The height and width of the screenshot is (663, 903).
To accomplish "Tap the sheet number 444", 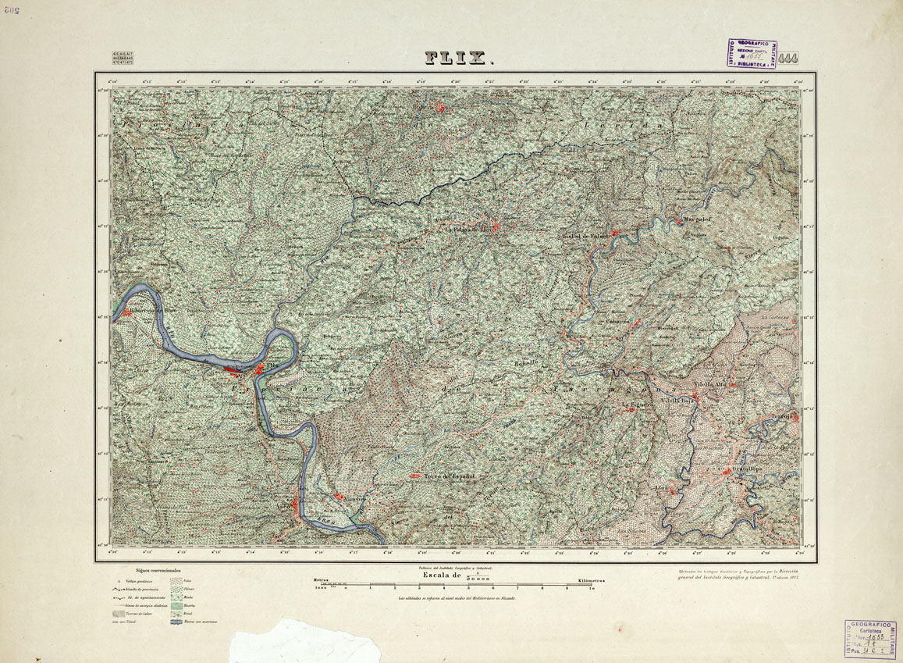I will (x=787, y=58).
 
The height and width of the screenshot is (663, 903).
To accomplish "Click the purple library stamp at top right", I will (x=751, y=53).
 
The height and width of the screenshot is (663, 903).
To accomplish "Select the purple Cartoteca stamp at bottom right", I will (x=869, y=639).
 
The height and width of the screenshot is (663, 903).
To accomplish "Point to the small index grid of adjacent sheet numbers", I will (x=123, y=57).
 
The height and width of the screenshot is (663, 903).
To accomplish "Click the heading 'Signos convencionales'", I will (x=158, y=572).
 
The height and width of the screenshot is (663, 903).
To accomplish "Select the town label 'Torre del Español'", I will (x=449, y=476).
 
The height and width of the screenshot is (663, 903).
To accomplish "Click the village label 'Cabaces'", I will (x=617, y=321).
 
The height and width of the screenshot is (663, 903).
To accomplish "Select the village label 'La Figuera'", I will (x=635, y=405).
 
